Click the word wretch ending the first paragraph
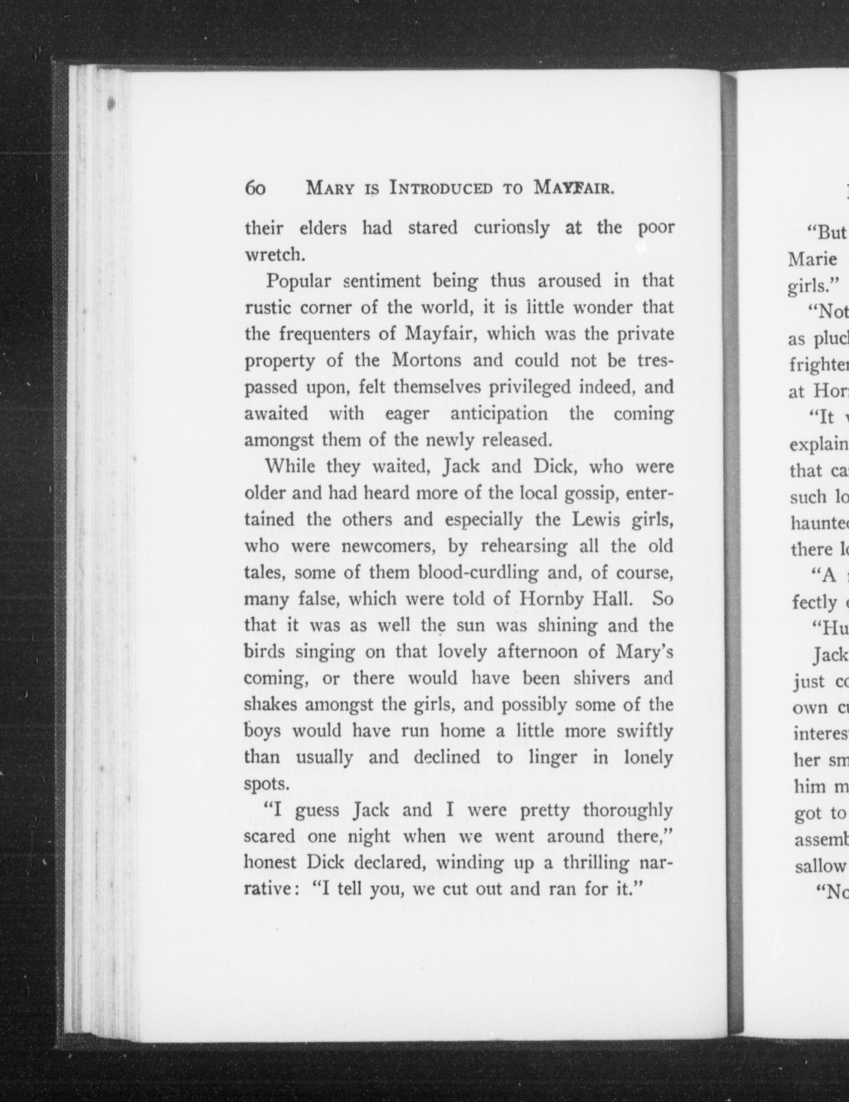point(274,255)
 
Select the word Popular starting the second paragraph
point(298,280)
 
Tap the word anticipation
point(499,413)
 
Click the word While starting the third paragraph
point(290,467)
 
